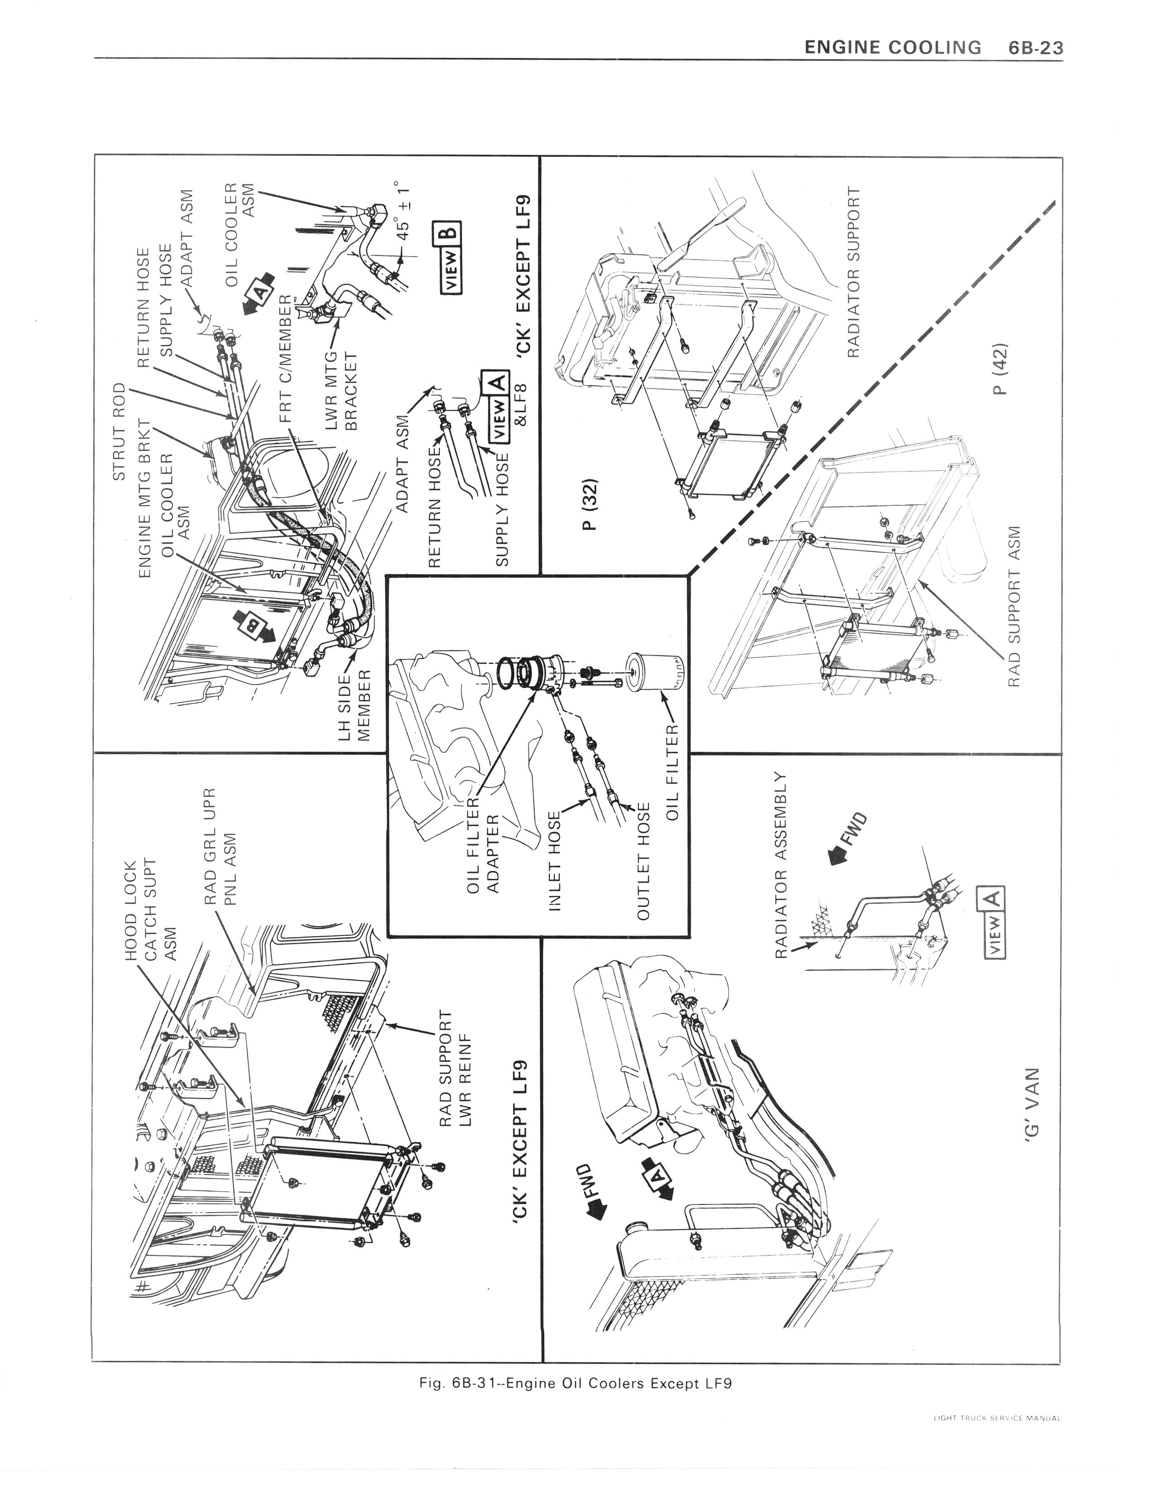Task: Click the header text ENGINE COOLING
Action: tap(892, 48)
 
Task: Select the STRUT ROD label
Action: tap(119, 432)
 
